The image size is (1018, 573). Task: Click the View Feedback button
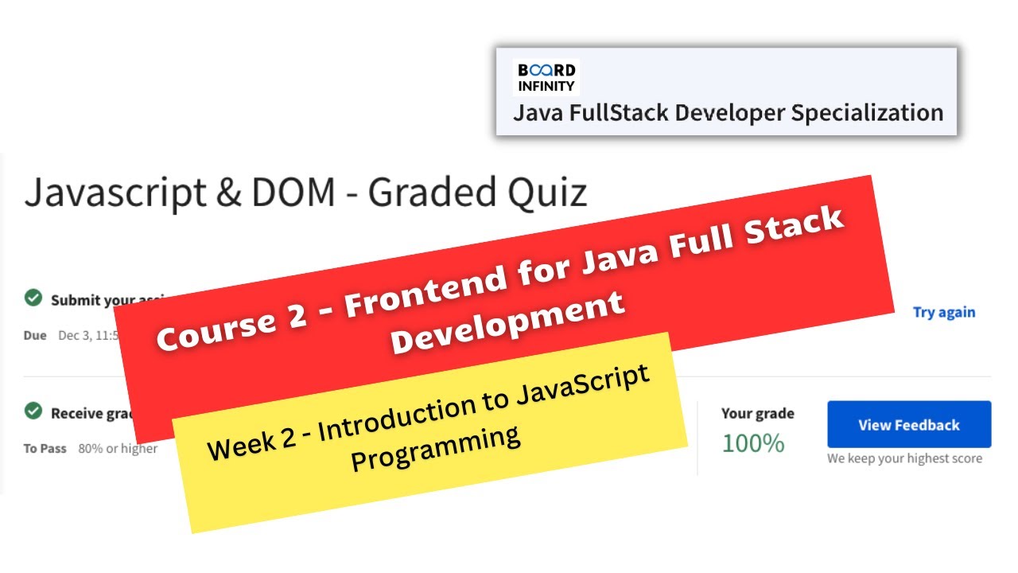[909, 425]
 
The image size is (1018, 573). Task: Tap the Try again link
[943, 313]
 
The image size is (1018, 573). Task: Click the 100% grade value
[752, 443]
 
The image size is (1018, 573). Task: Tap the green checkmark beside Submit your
[33, 298]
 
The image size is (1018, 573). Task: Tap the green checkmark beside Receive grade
[33, 411]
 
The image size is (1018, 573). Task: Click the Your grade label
[757, 413]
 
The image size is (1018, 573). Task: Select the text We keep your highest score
[904, 458]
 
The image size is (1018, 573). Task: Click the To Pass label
[45, 449]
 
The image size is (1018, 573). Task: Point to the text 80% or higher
[118, 449]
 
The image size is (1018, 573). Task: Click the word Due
[35, 335]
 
